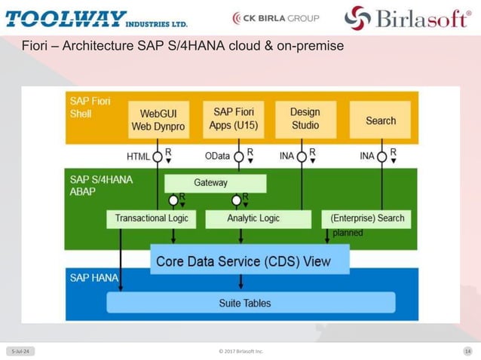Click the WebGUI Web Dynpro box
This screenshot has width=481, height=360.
click(x=158, y=120)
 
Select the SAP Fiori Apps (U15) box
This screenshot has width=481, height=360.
click(x=232, y=119)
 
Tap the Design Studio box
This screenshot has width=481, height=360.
click(x=305, y=119)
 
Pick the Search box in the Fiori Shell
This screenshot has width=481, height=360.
click(x=381, y=121)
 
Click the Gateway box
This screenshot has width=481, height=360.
click(x=216, y=183)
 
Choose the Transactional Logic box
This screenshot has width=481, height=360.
click(x=151, y=218)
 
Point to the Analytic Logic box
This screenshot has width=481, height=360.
click(x=253, y=218)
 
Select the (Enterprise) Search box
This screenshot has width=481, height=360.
click(x=368, y=218)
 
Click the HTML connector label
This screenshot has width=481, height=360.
click(x=138, y=157)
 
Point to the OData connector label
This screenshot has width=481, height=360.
click(x=217, y=157)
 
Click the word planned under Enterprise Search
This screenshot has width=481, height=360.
click(x=348, y=233)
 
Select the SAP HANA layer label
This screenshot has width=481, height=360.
click(x=93, y=277)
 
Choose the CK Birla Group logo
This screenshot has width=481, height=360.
click(x=276, y=17)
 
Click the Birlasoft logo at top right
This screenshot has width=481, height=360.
click(x=407, y=17)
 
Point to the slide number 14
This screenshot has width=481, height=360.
click(x=467, y=351)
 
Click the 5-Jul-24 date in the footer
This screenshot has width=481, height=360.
click(x=20, y=351)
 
